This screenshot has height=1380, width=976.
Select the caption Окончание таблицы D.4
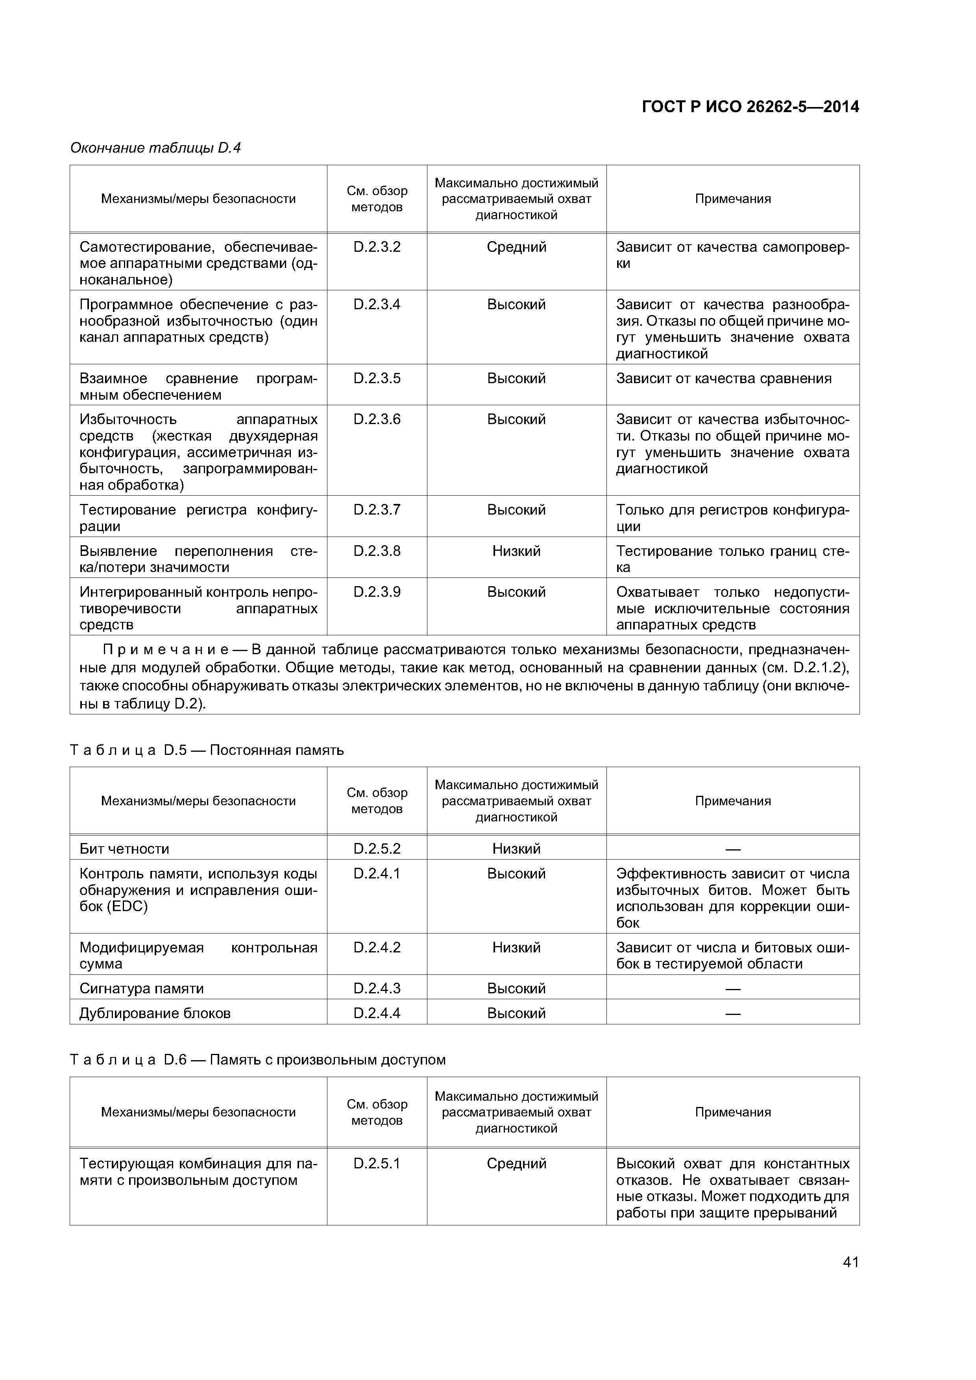pyautogui.click(x=155, y=148)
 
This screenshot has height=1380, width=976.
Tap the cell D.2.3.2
pyautogui.click(x=377, y=247)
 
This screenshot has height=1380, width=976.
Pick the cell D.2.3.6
pyautogui.click(x=377, y=419)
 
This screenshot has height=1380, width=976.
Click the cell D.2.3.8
pyautogui.click(x=377, y=551)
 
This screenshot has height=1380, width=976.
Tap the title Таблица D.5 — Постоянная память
pyautogui.click(x=207, y=750)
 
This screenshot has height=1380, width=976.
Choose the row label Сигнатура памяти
pyautogui.click(x=141, y=988)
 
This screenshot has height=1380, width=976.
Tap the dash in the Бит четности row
pyautogui.click(x=732, y=849)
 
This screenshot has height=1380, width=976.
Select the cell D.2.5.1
pyautogui.click(x=377, y=1164)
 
